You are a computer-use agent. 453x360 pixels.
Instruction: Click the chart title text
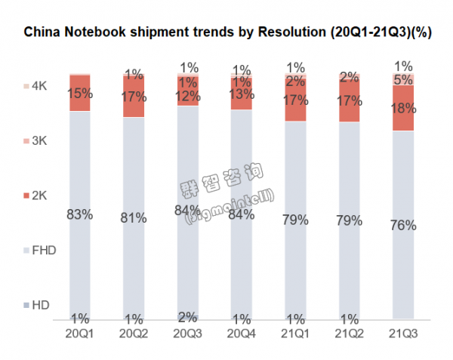(x=226, y=33)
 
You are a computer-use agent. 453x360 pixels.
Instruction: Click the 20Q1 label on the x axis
(x=80, y=332)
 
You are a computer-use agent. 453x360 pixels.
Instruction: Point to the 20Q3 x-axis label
(x=188, y=332)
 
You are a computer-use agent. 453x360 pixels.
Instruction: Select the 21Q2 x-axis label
(x=350, y=332)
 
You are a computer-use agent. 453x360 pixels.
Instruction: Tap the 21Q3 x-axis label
(x=404, y=332)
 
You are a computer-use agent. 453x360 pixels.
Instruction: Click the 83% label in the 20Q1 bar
(x=80, y=214)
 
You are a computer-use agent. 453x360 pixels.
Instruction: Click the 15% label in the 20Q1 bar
(x=80, y=93)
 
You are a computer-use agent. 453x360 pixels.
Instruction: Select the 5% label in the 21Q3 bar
(x=404, y=78)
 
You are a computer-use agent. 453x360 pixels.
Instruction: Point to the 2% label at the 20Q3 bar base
(x=188, y=316)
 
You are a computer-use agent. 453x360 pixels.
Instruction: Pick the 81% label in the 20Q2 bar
(x=134, y=218)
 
